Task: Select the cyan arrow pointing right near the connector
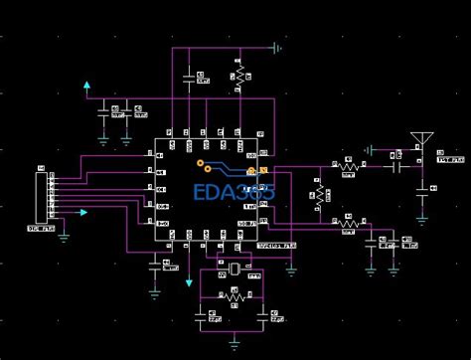coord(90,213)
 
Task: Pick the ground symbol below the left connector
coord(64,236)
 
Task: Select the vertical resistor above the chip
coord(238,77)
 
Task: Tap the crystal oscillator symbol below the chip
coord(234,270)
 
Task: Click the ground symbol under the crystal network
coord(234,343)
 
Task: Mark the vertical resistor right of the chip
coord(319,191)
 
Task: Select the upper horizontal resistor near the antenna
coord(347,165)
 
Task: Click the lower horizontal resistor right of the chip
coord(347,224)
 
